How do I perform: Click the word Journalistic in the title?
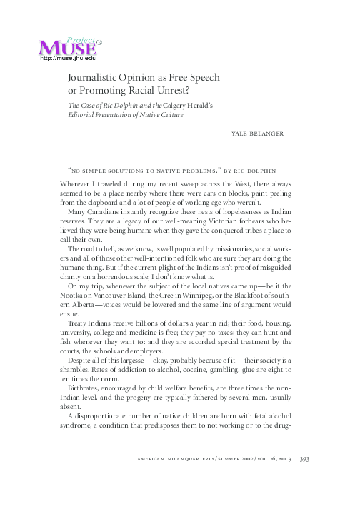click(95, 77)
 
